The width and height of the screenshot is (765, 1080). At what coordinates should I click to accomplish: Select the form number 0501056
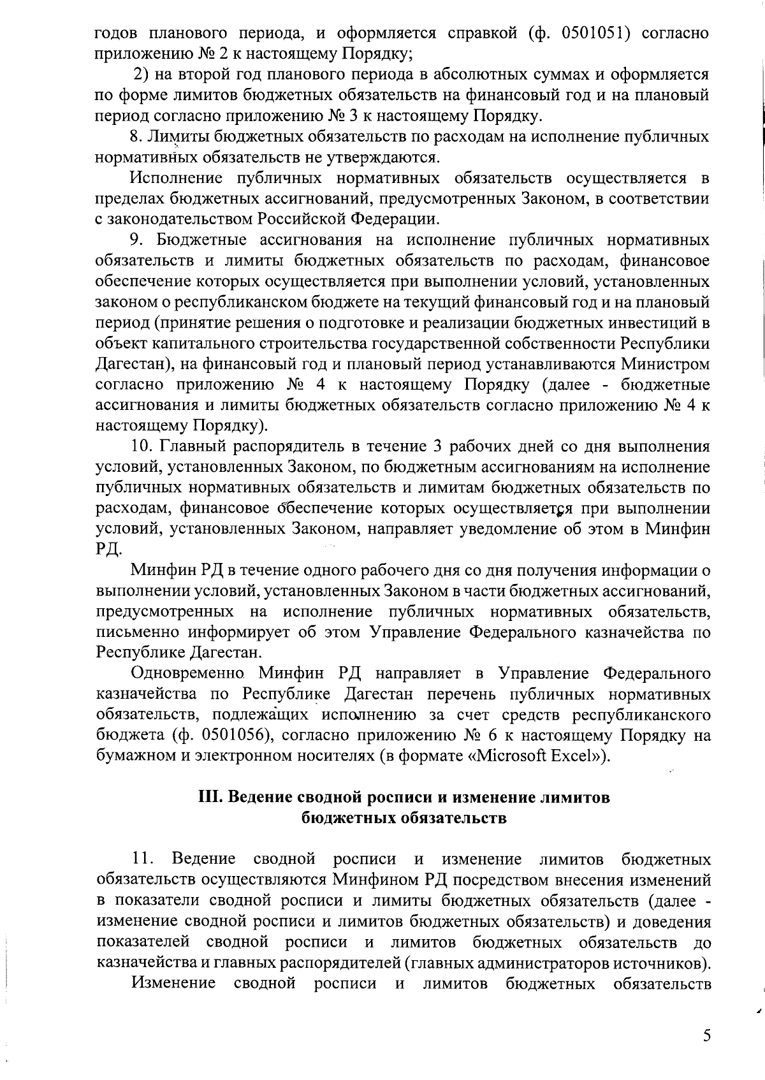pos(237,736)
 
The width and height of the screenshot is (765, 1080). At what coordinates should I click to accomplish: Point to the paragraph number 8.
pos(135,136)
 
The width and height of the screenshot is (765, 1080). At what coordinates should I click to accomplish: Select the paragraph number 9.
pos(135,240)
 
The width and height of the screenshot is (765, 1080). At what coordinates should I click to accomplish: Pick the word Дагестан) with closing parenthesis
pos(132,365)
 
